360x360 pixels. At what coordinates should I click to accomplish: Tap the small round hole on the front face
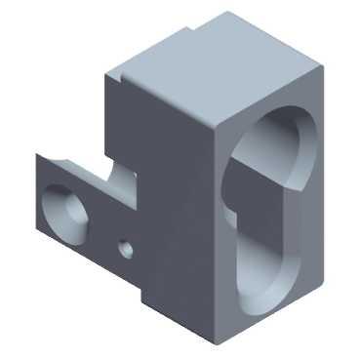click(x=124, y=248)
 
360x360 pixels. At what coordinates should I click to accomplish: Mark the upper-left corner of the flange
click(x=38, y=154)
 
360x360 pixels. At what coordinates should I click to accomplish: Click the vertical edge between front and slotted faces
click(x=213, y=234)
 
